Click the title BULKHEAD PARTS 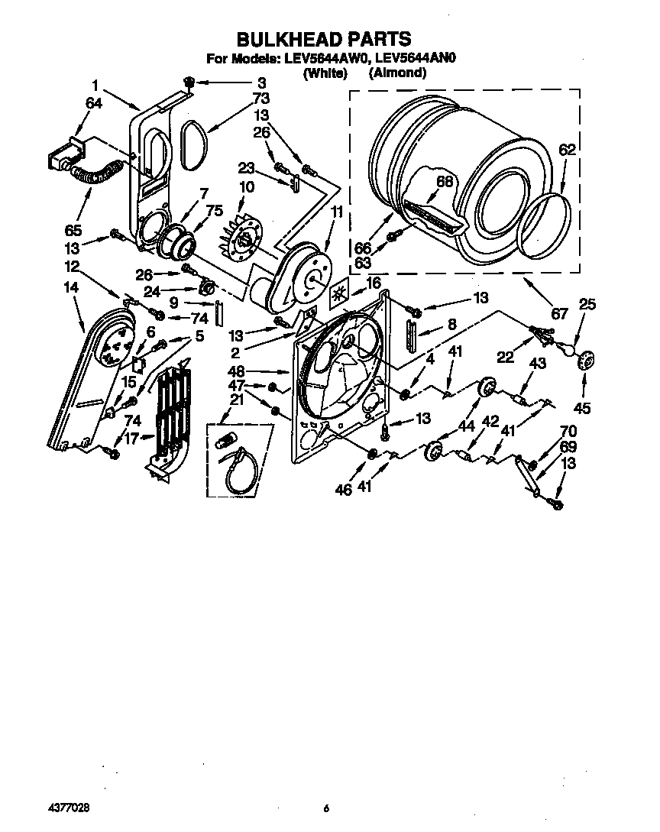pyautogui.click(x=323, y=39)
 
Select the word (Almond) pyautogui.click(x=396, y=73)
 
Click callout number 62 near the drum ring pyautogui.click(x=567, y=150)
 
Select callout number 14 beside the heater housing pyautogui.click(x=71, y=289)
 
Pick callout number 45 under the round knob pyautogui.click(x=581, y=409)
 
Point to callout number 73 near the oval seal pyautogui.click(x=261, y=99)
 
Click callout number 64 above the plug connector pyautogui.click(x=93, y=103)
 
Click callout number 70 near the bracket pyautogui.click(x=568, y=431)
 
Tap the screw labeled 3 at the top pyautogui.click(x=188, y=82)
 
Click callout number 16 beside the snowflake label pyautogui.click(x=374, y=283)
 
